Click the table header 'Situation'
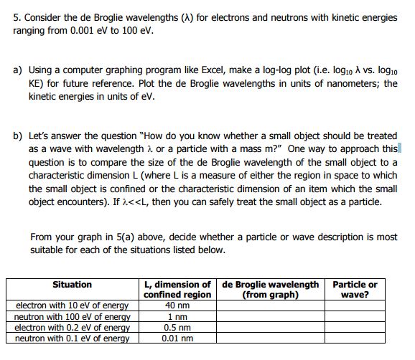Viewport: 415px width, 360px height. tap(72, 285)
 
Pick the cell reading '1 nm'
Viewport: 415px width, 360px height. tap(177, 316)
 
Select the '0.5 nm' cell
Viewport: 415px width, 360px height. tap(177, 327)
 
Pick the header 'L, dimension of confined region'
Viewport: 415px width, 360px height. tap(177, 290)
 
